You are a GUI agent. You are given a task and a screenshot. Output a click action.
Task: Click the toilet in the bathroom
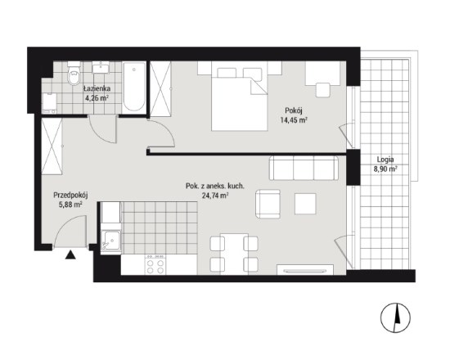[74, 74]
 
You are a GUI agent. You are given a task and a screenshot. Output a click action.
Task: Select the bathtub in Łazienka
[134, 88]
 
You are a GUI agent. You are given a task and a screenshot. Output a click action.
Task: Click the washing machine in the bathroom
[49, 103]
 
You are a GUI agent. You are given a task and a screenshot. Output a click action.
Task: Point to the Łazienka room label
[97, 88]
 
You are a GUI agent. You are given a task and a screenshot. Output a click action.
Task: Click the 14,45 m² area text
[294, 120]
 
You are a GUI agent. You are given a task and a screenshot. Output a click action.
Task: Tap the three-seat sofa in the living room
[304, 169]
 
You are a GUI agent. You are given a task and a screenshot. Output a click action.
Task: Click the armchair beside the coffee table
[268, 204]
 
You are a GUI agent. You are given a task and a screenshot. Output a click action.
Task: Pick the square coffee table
[305, 204]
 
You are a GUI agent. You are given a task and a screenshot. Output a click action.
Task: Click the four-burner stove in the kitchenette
[155, 265]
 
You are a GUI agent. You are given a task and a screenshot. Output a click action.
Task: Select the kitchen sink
[111, 241]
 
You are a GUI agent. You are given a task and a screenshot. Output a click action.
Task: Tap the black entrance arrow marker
[70, 254]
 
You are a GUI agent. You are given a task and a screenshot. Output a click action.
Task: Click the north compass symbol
[395, 317]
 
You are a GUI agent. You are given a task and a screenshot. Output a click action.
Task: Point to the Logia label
[385, 160]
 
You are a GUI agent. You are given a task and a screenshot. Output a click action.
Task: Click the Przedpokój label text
[70, 196]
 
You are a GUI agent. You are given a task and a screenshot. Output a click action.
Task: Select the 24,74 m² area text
[215, 196]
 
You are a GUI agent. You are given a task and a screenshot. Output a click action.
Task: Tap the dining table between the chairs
[234, 254]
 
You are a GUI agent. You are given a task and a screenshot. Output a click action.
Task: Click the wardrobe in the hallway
[52, 146]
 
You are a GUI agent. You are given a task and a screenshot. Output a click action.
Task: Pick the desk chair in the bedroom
[323, 91]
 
